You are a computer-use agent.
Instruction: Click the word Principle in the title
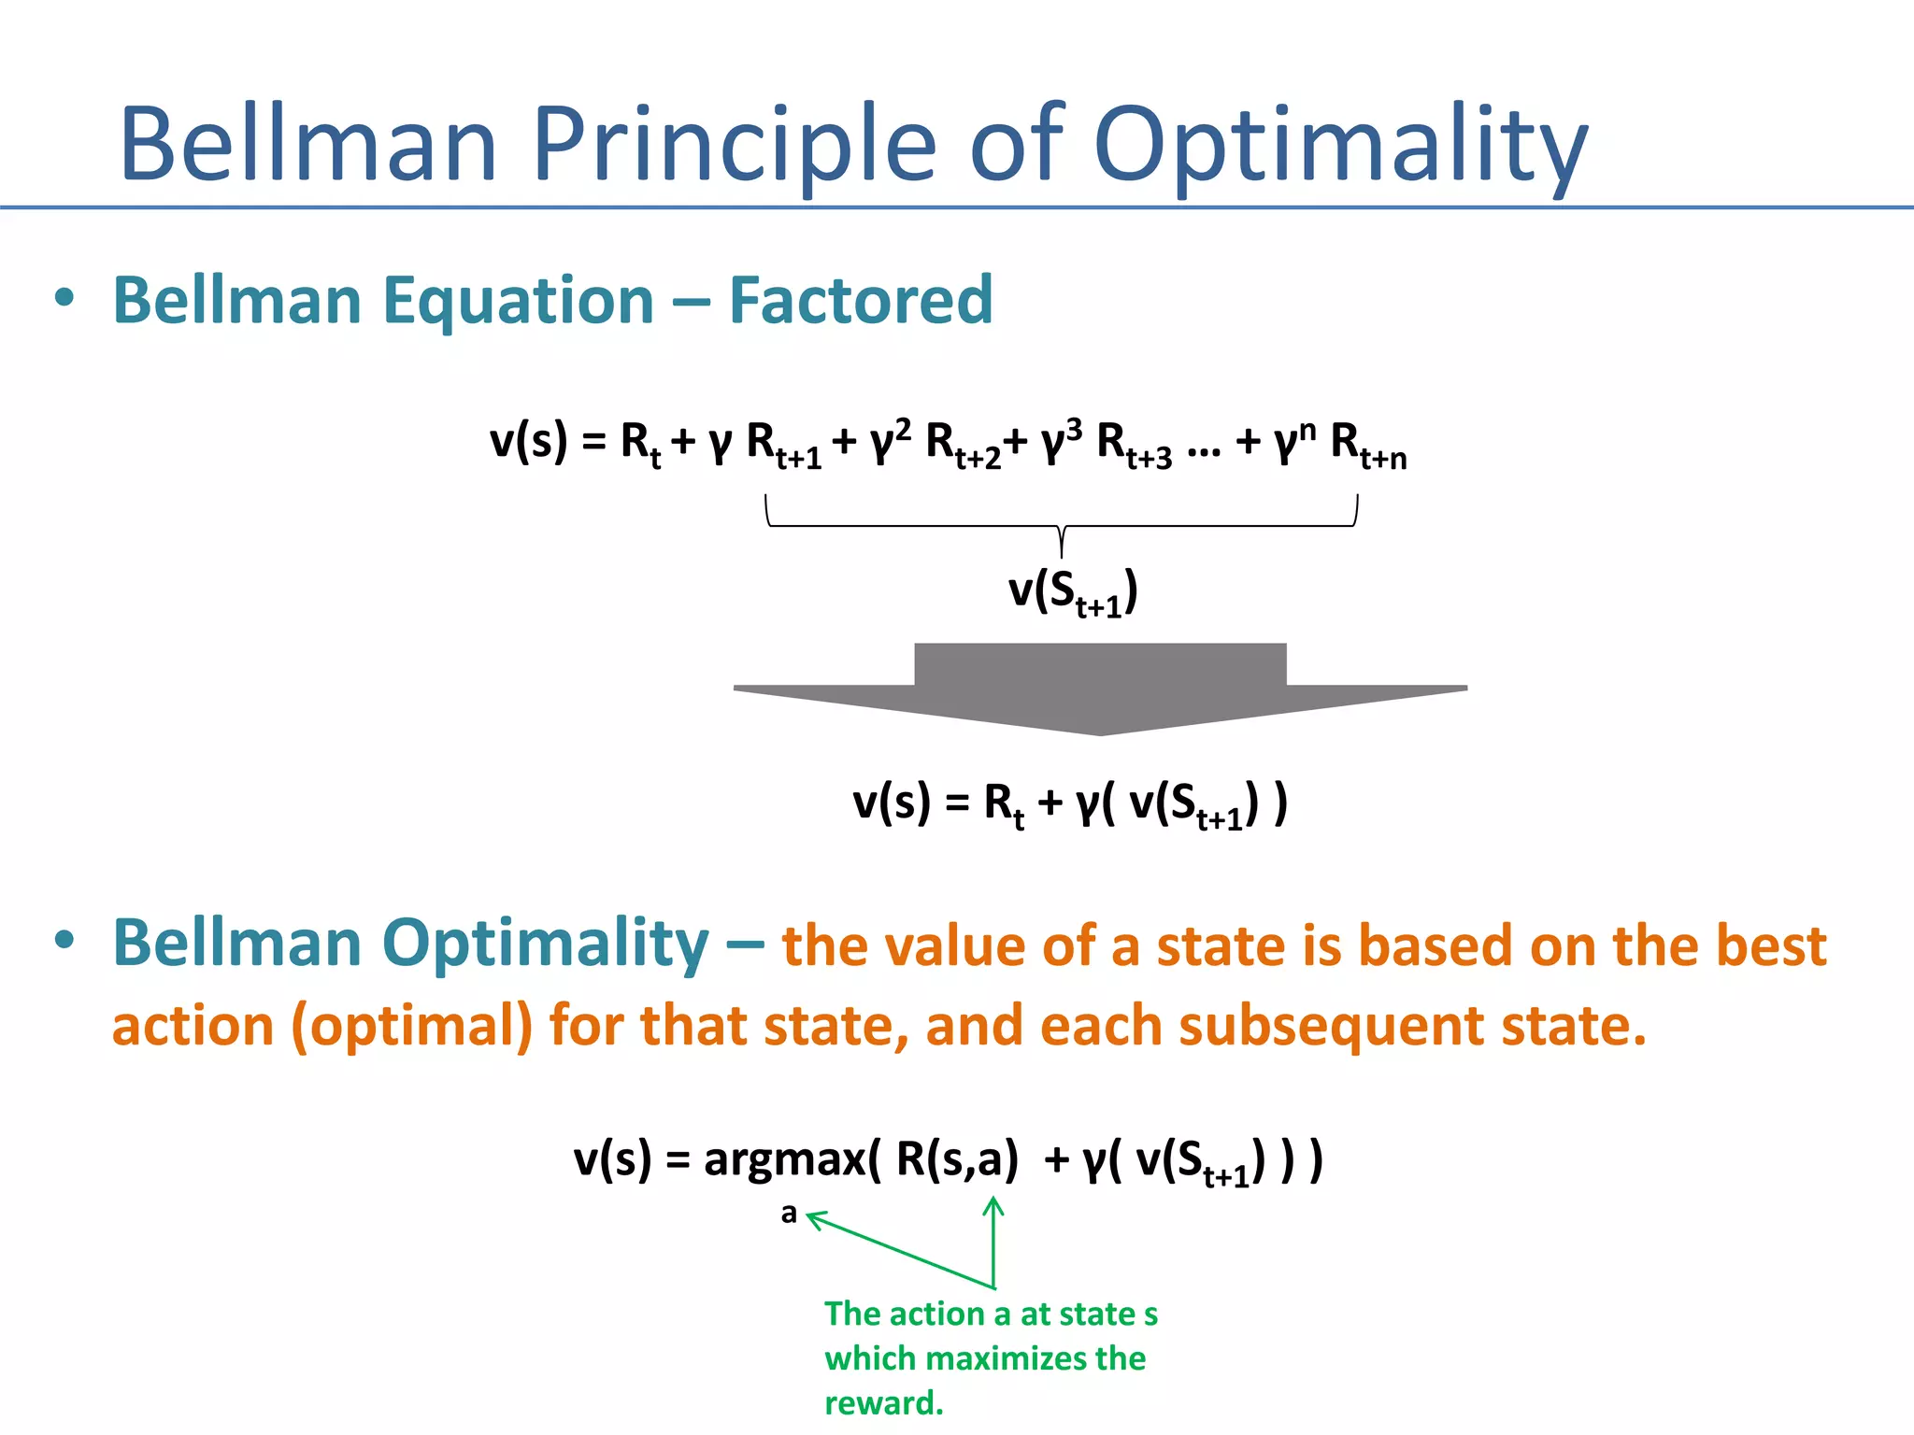[734, 145]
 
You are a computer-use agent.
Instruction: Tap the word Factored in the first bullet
[860, 301]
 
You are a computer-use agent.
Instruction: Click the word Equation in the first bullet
[520, 301]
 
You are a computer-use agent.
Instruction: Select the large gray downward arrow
[1100, 688]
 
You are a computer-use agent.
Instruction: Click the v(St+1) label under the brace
[1073, 591]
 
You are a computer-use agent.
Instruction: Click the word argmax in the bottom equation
[785, 1160]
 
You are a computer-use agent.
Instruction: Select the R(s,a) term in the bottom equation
[956, 1159]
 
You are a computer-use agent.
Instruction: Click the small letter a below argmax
[789, 1214]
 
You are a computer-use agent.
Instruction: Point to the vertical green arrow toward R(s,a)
[993, 1243]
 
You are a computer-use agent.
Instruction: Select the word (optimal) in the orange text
[412, 1026]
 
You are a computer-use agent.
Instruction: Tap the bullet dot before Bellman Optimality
[64, 940]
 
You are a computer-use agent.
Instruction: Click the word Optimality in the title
[1340, 145]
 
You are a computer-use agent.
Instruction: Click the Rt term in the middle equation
[1004, 803]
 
